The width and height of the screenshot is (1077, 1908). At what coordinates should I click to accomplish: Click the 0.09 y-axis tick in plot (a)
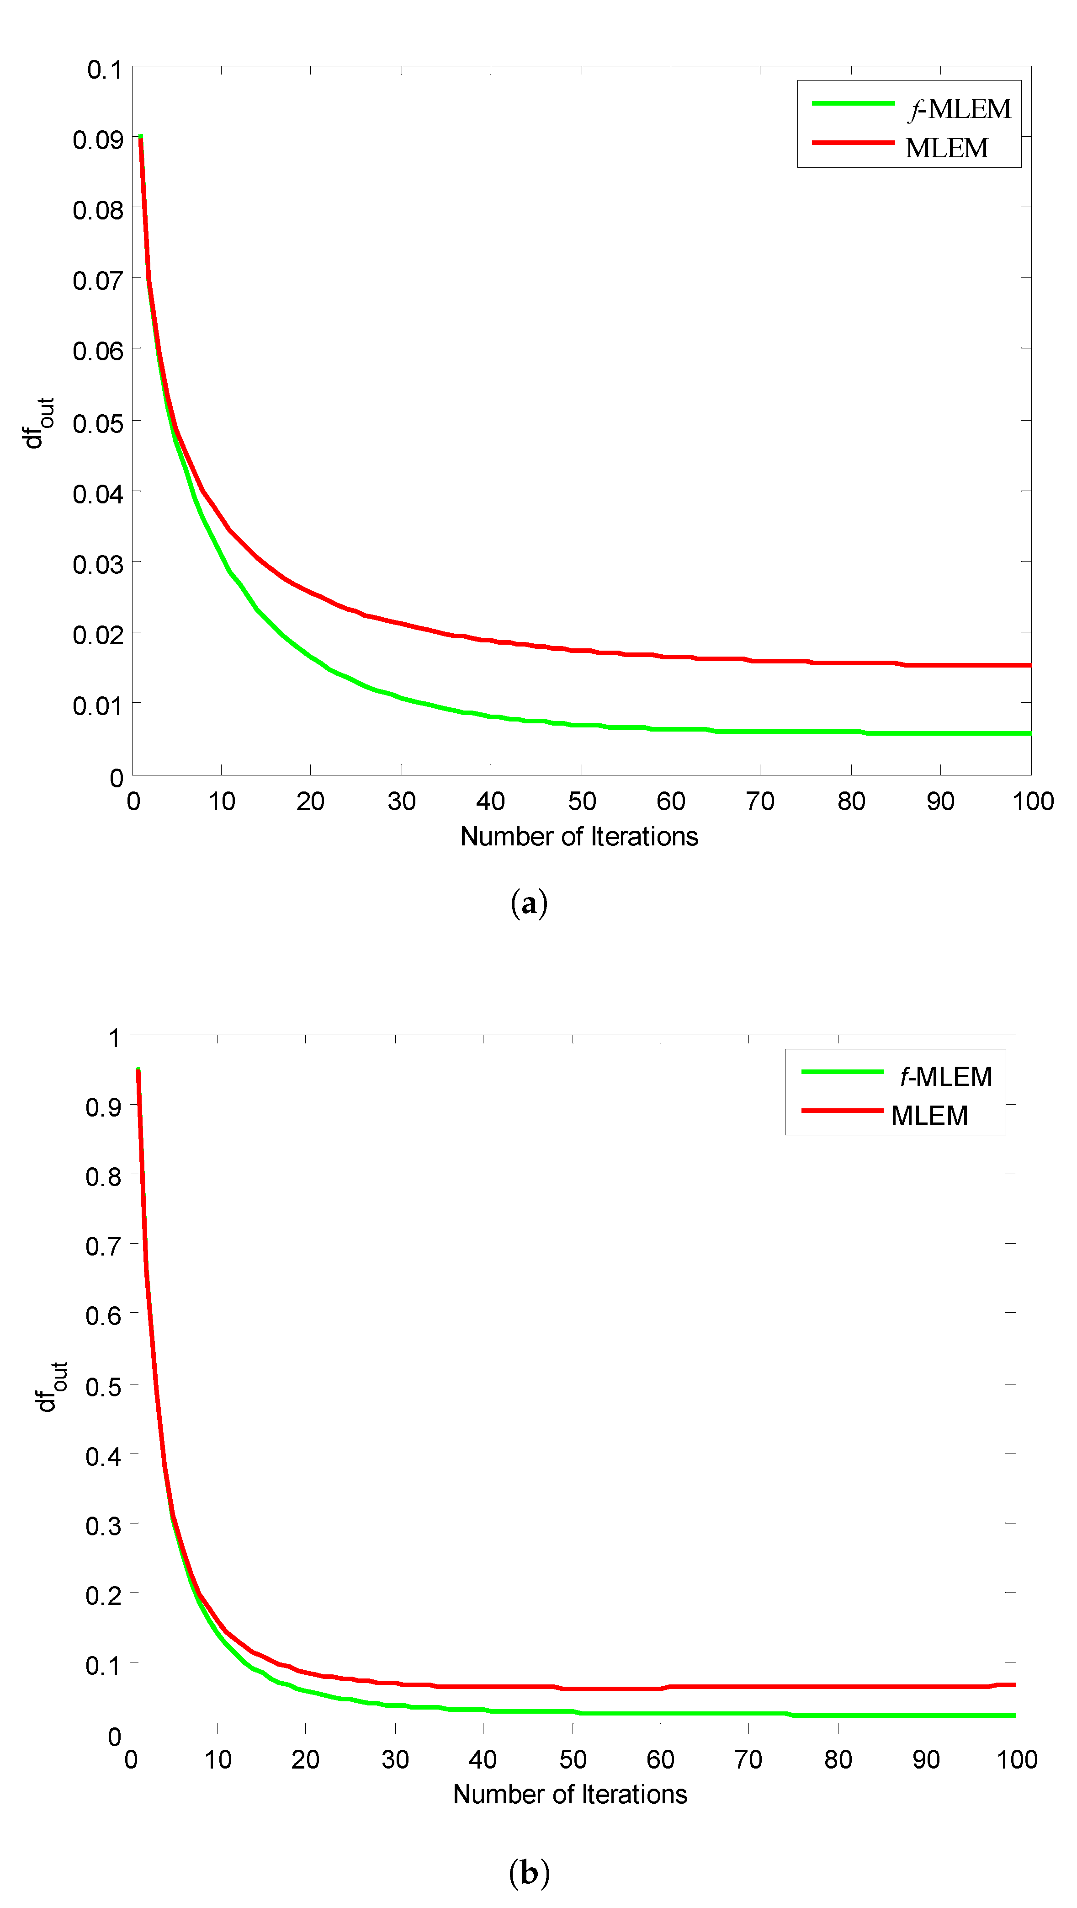pos(98,139)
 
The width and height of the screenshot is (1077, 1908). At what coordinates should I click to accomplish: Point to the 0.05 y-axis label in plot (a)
pos(98,423)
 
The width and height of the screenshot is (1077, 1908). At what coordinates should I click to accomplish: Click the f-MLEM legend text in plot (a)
pos(959,109)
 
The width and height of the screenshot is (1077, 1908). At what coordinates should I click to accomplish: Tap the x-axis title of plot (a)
pos(579,836)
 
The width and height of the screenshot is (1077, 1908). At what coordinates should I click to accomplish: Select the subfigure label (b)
pos(529,1872)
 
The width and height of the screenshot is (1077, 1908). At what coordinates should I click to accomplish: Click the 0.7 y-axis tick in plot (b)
pos(104,1246)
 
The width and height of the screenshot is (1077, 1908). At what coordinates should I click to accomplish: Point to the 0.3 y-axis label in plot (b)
pos(104,1526)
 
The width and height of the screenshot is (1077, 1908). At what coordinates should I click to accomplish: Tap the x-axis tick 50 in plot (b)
pos(572,1759)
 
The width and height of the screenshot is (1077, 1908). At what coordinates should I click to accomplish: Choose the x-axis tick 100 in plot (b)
pos(1016,1759)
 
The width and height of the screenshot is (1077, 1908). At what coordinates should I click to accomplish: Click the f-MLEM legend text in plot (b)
pos(945,1076)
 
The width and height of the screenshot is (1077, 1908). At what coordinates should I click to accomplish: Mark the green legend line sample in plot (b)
pos(842,1072)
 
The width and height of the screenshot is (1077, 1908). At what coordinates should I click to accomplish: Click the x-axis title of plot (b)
pos(570,1794)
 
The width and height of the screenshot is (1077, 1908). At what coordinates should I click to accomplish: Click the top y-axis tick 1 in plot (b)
pos(114,1038)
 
